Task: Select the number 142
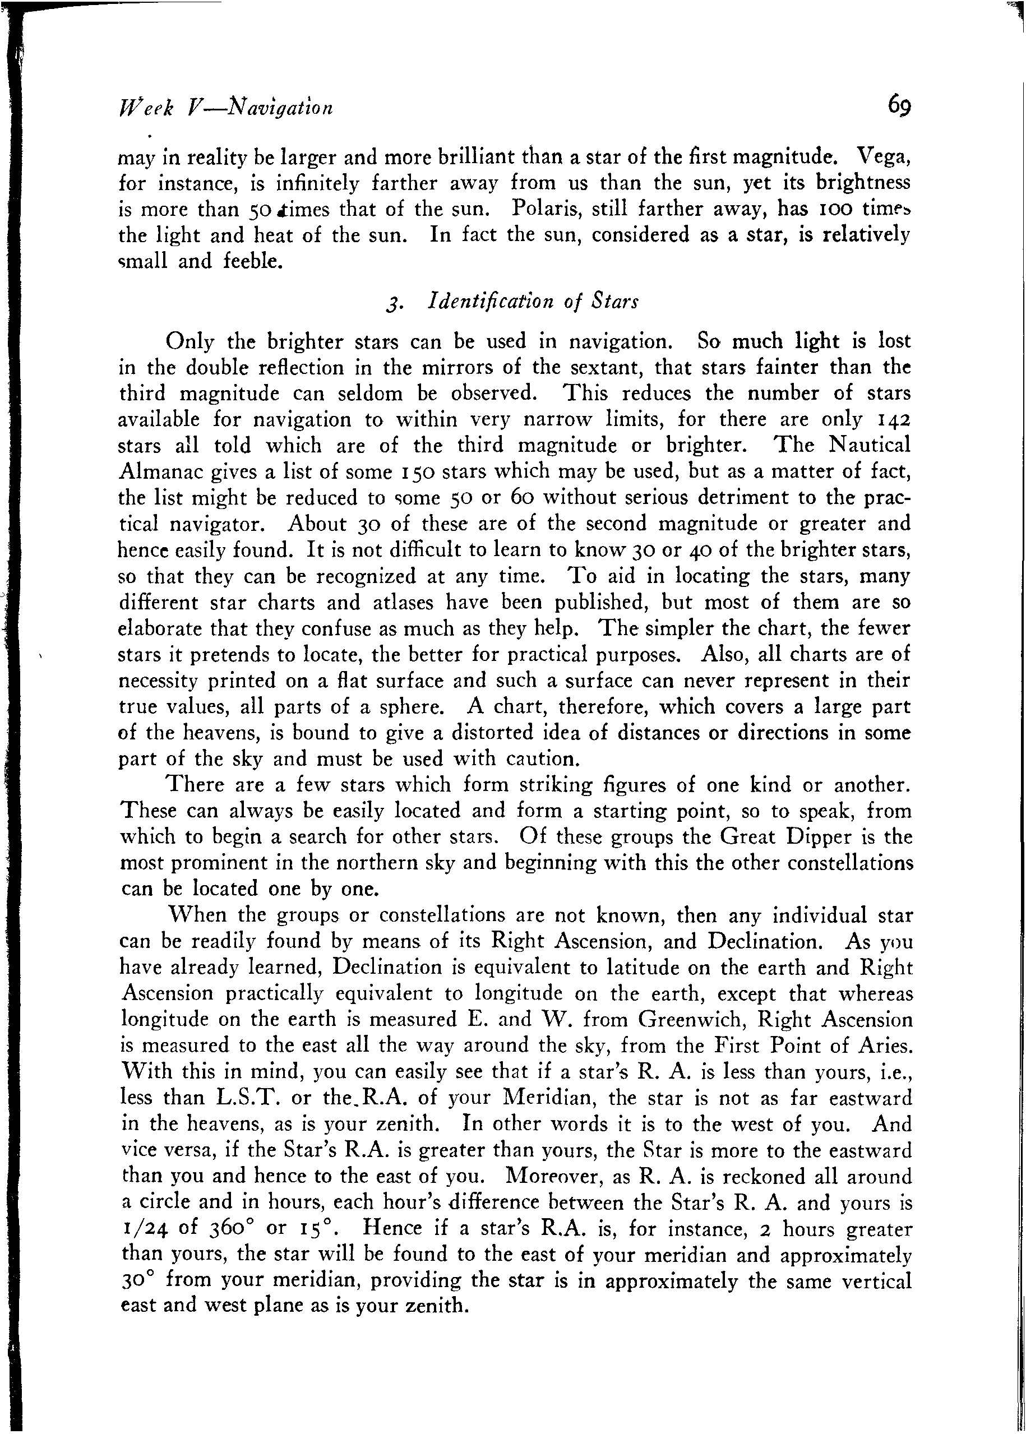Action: click(895, 419)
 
